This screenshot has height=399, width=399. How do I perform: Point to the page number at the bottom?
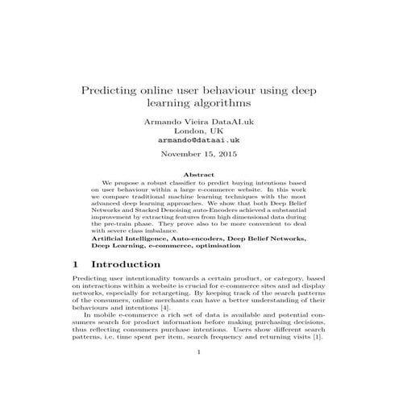click(199, 374)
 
